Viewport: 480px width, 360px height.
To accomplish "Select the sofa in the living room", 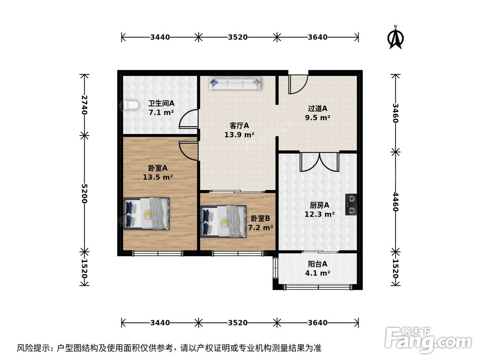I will pos(235,84).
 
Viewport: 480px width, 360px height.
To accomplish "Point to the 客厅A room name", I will pos(239,126).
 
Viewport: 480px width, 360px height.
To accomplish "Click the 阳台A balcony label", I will pos(317,264).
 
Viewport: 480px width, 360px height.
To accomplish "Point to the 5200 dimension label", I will pos(84,193).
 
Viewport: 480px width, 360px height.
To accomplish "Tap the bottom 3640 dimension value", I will pos(317,323).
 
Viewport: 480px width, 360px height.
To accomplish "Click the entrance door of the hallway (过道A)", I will pos(298,84).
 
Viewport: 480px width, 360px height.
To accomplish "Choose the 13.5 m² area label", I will pos(158,177).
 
